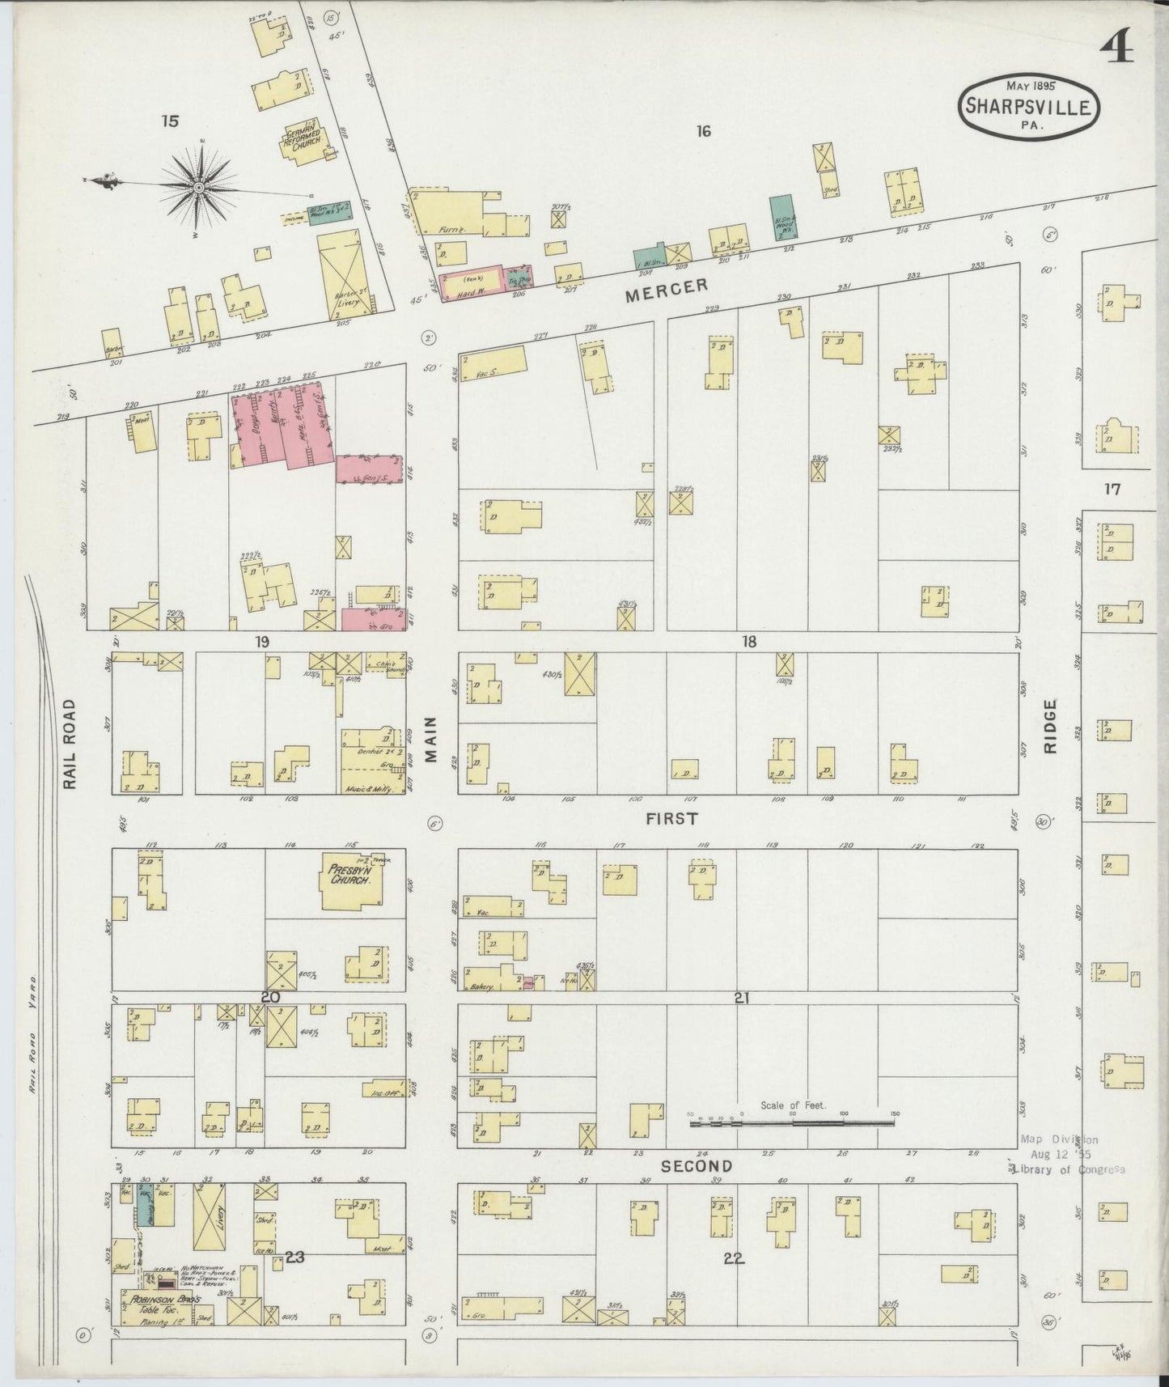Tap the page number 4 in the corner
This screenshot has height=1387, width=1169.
[1116, 50]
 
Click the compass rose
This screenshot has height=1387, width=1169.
[198, 186]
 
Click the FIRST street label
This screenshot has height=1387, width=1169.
[671, 819]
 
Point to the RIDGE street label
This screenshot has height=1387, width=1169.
[1050, 726]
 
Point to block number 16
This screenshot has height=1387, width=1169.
[703, 130]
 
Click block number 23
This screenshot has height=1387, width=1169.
[294, 1257]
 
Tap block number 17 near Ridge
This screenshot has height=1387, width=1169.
[1112, 489]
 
